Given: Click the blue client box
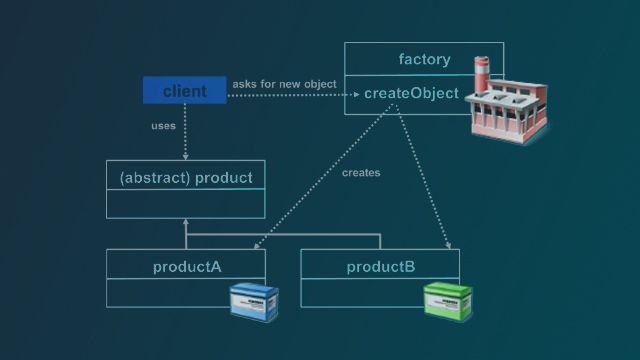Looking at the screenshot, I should point(184,91).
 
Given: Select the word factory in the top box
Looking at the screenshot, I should point(424,59).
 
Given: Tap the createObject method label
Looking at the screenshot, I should point(411,94).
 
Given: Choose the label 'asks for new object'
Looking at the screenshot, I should point(284,84).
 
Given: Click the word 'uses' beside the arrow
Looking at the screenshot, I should point(163,126).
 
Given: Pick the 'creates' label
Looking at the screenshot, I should point(361,172).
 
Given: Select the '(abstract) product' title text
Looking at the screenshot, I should point(185,178).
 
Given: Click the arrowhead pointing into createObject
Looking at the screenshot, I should point(355,95).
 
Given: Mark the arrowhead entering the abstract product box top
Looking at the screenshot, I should point(185,156).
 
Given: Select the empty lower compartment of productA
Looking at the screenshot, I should point(165,293).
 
